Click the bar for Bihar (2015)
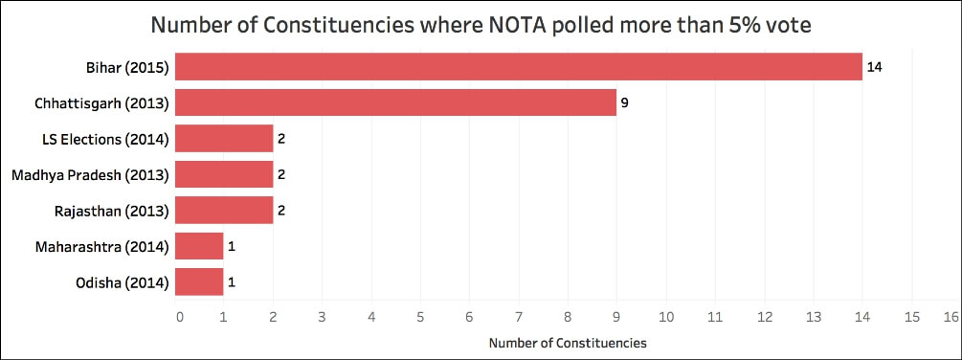point(519,67)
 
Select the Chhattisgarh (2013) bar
point(396,102)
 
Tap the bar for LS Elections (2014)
point(225,139)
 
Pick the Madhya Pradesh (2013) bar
point(225,174)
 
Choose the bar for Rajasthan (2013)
point(225,210)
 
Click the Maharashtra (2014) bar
point(200,246)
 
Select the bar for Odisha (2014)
point(200,281)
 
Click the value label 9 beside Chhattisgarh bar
point(624,102)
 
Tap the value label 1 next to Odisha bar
point(231,281)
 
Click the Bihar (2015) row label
point(126,67)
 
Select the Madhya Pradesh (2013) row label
point(90,174)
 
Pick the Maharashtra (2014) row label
point(102,246)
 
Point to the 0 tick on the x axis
point(178,315)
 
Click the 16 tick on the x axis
point(951,315)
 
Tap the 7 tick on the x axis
point(519,315)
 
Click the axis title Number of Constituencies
point(567,342)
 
